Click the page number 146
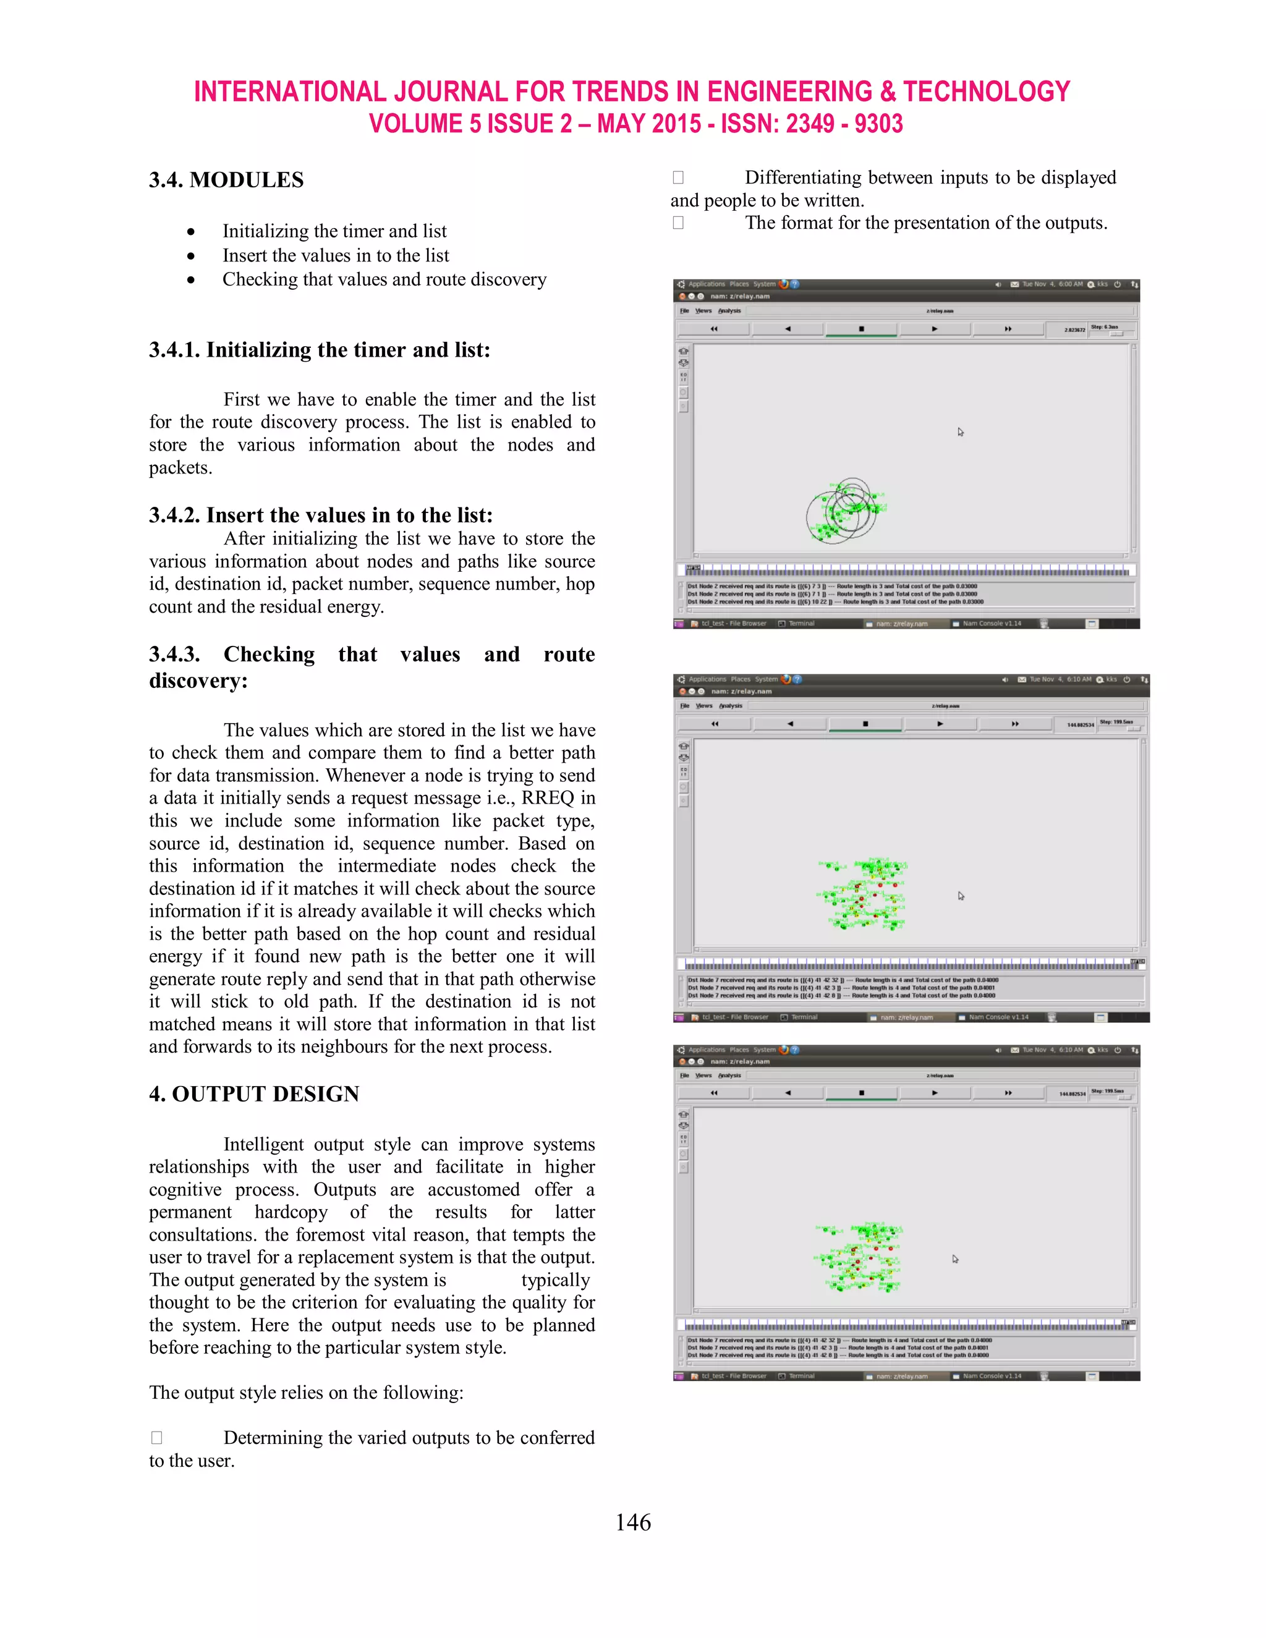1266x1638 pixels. click(x=632, y=1522)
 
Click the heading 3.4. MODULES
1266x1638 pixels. click(x=226, y=180)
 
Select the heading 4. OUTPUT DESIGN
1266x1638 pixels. click(x=253, y=1093)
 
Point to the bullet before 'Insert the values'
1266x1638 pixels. click(x=192, y=256)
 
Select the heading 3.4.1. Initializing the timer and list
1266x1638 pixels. click(x=320, y=350)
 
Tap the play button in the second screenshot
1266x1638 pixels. click(x=940, y=724)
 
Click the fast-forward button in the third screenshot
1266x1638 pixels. click(x=1008, y=1093)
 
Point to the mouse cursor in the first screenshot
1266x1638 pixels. click(x=961, y=432)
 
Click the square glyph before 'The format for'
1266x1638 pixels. click(x=678, y=223)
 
